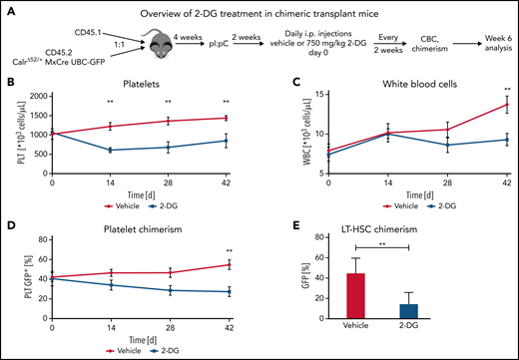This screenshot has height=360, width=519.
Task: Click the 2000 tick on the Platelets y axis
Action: (x=37, y=96)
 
